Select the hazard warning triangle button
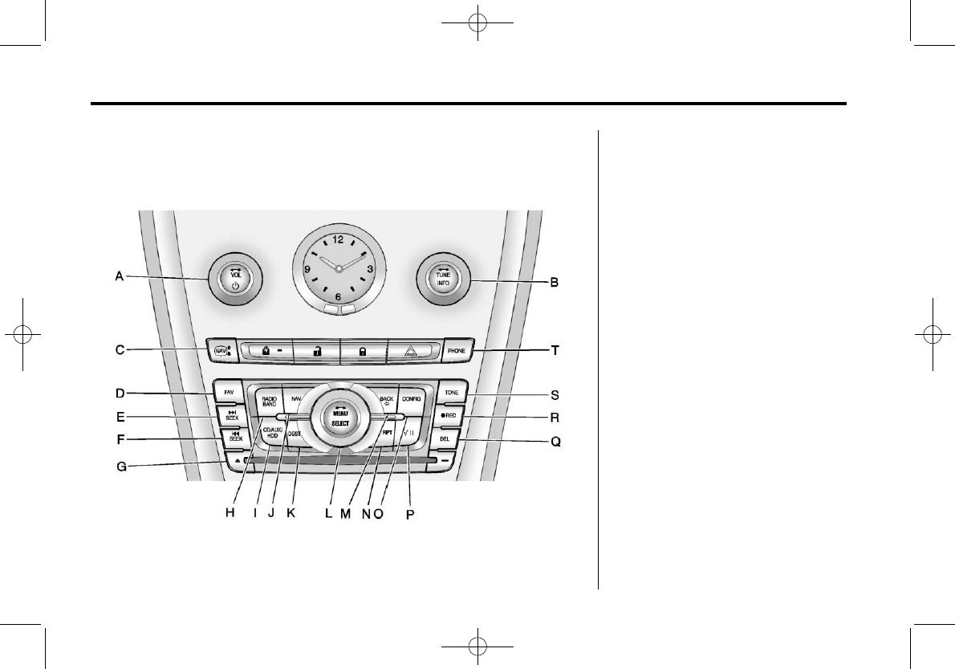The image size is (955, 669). click(412, 351)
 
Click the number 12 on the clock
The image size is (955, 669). click(337, 239)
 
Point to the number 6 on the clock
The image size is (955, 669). click(338, 296)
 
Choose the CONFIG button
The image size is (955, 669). click(412, 398)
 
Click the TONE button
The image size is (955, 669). click(450, 394)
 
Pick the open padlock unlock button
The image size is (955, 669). click(316, 351)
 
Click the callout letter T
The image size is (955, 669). click(553, 350)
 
